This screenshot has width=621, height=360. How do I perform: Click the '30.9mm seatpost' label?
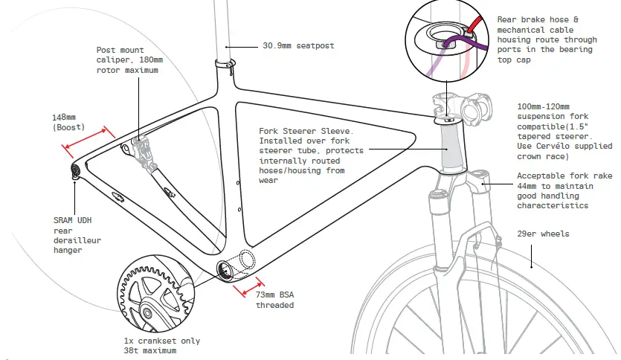pyautogui.click(x=298, y=46)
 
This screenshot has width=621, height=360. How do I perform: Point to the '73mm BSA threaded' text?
pyautogui.click(x=274, y=300)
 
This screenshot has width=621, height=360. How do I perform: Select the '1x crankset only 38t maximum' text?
pyautogui.click(x=161, y=345)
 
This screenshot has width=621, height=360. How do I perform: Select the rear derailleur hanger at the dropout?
pyautogui.click(x=77, y=173)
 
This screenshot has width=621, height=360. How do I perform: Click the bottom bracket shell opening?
pyautogui.click(x=225, y=268)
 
